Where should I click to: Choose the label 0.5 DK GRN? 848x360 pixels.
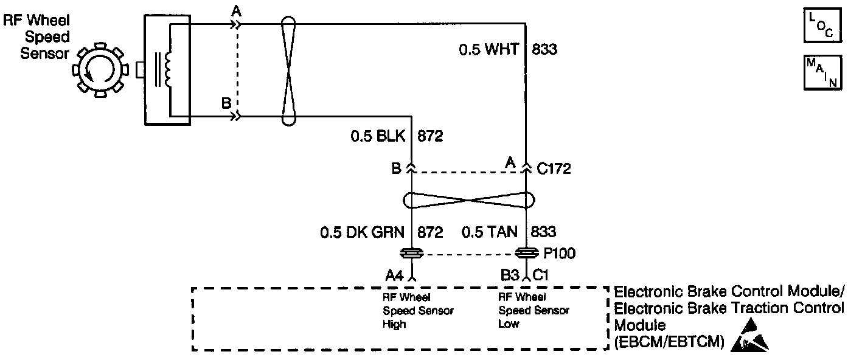363,232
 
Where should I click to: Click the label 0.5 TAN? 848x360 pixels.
490,232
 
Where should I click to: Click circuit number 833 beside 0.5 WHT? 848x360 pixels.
544,49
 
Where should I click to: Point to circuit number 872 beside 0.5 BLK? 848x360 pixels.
430,136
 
